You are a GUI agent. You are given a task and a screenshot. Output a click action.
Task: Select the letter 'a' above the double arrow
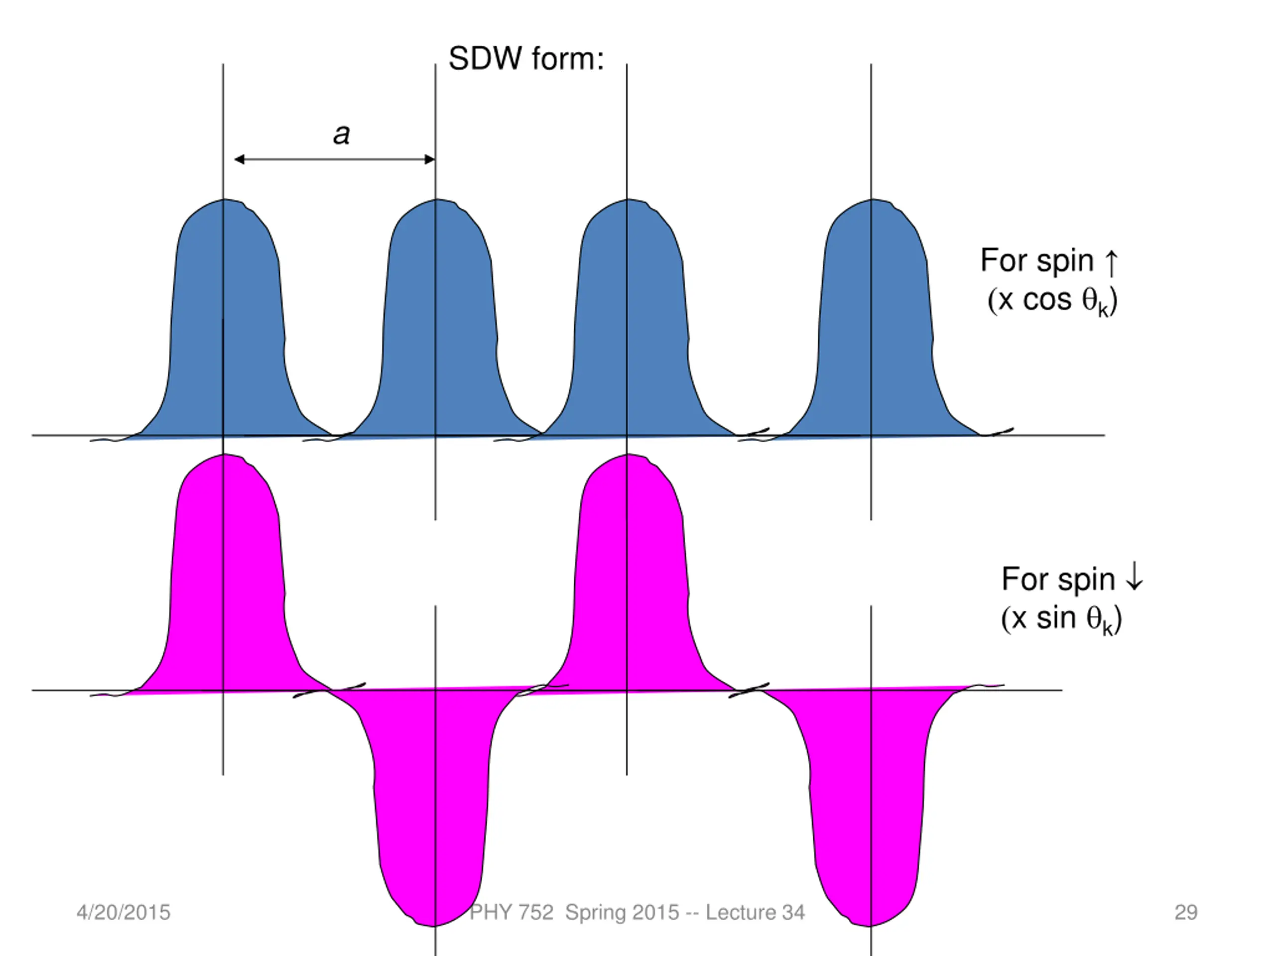pyautogui.click(x=342, y=134)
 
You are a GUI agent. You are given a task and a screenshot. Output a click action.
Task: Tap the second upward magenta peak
pyautogui.click(x=628, y=574)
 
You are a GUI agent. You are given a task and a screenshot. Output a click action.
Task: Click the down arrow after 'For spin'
pyautogui.click(x=1135, y=578)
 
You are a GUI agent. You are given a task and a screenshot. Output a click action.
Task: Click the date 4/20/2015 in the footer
pyautogui.click(x=124, y=912)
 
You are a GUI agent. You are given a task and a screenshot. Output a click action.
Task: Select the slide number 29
pyautogui.click(x=1186, y=912)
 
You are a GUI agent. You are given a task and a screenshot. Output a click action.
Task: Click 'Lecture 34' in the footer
pyautogui.click(x=755, y=912)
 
